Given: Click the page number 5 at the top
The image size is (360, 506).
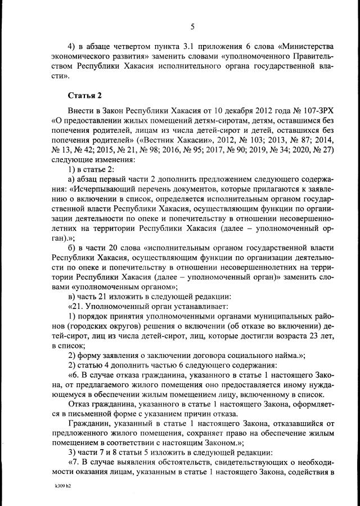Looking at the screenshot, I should [x=192, y=26].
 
